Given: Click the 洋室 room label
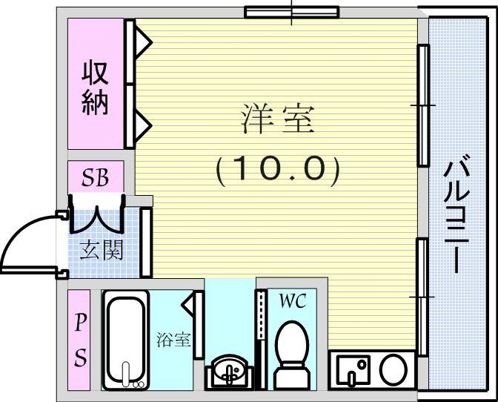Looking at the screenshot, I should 278,119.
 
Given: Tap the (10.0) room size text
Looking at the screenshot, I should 278,171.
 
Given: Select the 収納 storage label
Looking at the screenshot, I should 96,88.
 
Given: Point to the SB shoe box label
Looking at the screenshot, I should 96,177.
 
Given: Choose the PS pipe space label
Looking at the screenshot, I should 79,340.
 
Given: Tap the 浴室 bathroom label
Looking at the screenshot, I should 174,340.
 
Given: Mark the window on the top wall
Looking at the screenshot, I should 292,11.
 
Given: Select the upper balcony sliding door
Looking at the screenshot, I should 423,105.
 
